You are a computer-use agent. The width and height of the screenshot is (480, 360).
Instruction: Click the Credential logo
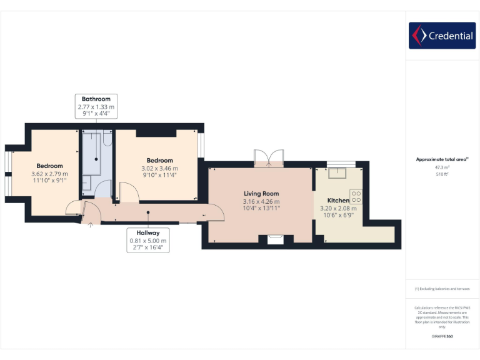click(441, 36)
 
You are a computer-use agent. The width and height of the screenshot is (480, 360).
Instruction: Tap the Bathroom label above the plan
click(96, 99)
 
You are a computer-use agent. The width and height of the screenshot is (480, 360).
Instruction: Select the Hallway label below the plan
click(148, 232)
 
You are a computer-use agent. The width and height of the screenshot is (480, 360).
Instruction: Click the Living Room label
click(261, 194)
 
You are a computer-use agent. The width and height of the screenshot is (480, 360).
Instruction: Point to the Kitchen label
click(338, 201)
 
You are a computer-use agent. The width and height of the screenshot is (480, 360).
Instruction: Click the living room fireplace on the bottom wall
click(275, 239)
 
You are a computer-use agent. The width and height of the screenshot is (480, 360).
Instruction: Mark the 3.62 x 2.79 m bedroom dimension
click(49, 174)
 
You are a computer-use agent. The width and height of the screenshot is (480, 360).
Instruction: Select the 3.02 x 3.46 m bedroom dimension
click(159, 168)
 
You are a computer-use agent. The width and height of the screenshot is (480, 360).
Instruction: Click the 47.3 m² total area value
click(442, 167)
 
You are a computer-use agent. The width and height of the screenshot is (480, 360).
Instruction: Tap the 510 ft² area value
click(442, 174)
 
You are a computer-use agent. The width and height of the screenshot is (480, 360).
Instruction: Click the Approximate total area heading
click(441, 159)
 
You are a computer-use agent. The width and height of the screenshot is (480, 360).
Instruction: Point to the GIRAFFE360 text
click(442, 336)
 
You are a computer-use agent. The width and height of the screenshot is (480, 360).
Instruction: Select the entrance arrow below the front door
click(91, 225)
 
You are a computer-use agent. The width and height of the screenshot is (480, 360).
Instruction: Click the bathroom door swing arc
click(104, 188)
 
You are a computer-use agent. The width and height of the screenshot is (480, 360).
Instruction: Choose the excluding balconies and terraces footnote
click(442, 289)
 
